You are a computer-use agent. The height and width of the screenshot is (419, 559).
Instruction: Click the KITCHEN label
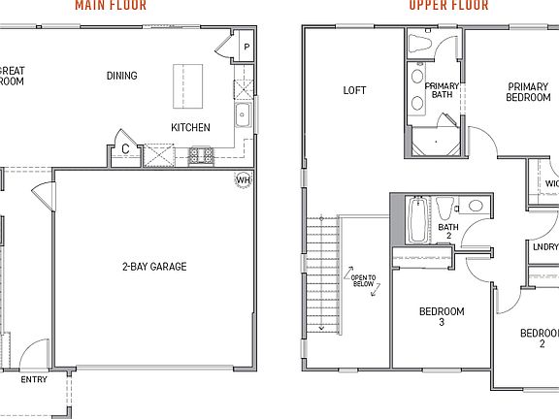(x=190, y=127)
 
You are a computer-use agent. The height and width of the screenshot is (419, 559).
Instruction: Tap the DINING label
(x=122, y=76)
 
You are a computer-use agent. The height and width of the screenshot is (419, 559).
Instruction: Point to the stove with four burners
(x=201, y=154)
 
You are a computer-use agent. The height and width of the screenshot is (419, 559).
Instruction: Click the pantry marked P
(x=246, y=47)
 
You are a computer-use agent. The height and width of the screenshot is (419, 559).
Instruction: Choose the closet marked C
(x=125, y=148)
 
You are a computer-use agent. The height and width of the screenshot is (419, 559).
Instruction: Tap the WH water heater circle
(x=243, y=178)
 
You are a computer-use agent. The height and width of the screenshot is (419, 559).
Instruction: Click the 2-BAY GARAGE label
(x=154, y=267)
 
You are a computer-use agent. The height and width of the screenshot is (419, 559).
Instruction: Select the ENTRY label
(x=33, y=379)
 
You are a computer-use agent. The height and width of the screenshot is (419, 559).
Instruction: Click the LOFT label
(x=354, y=90)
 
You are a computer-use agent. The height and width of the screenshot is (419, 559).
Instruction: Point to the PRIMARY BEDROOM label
(x=529, y=92)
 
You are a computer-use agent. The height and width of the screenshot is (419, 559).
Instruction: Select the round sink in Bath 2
(x=476, y=206)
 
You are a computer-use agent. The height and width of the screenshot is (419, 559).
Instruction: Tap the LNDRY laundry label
(x=544, y=246)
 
